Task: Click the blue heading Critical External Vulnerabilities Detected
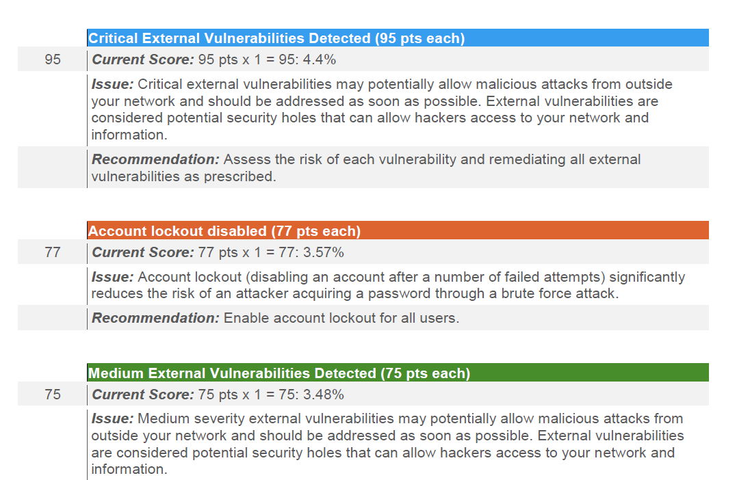coord(276,38)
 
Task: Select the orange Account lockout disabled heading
coord(224,231)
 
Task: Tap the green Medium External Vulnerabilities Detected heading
coord(279,373)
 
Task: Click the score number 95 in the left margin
coord(53,59)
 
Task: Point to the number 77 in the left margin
coord(53,252)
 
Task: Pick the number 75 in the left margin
coord(53,394)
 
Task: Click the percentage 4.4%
coord(319,59)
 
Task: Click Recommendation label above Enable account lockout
coord(155,318)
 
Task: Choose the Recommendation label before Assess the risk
coord(155,159)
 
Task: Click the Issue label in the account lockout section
coord(112,277)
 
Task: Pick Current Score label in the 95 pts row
coord(143,59)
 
